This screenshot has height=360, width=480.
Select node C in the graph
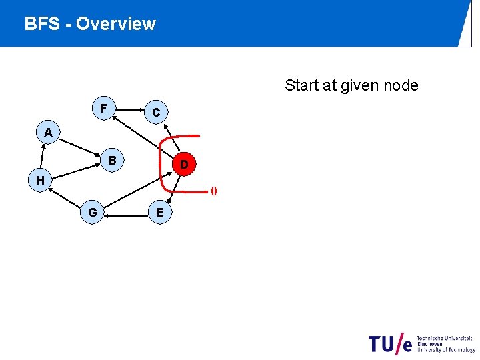click(x=156, y=113)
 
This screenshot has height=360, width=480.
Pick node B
click(x=113, y=161)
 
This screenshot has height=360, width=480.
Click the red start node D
click(x=184, y=163)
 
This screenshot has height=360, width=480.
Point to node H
click(x=41, y=180)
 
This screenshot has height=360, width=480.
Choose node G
click(x=92, y=212)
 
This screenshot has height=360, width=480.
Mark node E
click(x=159, y=213)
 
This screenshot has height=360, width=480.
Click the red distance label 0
click(x=213, y=192)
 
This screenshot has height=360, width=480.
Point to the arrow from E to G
click(x=126, y=213)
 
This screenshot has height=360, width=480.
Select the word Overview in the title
click(x=116, y=24)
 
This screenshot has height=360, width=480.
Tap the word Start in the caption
click(x=302, y=85)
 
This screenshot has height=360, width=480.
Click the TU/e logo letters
click(x=391, y=343)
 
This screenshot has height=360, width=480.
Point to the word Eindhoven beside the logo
click(x=432, y=344)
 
